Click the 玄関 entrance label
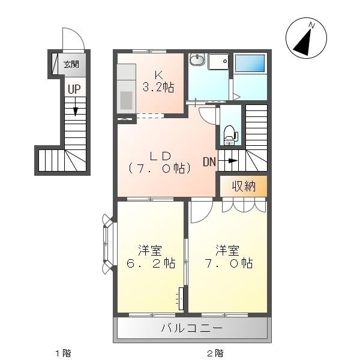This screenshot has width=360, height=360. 71,64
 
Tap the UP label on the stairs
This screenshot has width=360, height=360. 74,89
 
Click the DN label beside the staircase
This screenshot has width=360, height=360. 209,162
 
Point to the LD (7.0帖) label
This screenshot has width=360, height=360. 160,163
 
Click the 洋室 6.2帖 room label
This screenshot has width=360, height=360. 151,257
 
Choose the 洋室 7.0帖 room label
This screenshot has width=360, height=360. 229,257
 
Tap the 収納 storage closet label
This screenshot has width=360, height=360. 244,186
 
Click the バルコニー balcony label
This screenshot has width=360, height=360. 192,328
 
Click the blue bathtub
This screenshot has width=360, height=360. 250,64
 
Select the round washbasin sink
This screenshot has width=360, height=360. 197,60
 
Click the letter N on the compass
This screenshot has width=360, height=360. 311,25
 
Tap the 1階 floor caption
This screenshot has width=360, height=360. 64,353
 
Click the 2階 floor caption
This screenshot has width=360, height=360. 215,353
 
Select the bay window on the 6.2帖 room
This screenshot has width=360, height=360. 108,244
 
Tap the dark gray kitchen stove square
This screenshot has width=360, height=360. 126,100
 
